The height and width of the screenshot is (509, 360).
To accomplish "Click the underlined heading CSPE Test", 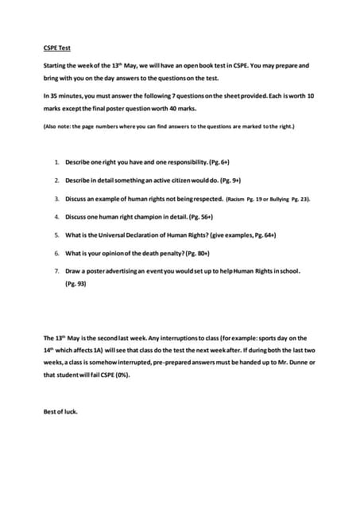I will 56,48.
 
